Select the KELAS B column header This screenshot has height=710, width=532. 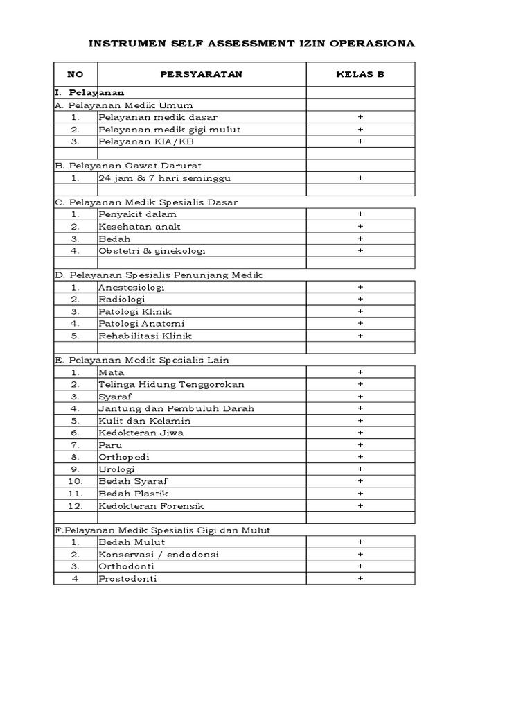pos(360,74)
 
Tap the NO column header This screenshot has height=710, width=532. pos(75,74)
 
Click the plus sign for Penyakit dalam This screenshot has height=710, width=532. pos(360,214)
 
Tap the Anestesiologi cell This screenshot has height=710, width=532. pos(132,287)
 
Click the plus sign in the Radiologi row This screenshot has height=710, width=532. pos(360,300)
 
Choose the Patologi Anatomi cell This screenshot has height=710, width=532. pos(141,324)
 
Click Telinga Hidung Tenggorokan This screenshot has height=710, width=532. pos(171,384)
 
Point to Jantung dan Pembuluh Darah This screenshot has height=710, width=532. pos(176,408)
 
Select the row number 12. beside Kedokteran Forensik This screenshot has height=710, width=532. pos(76,506)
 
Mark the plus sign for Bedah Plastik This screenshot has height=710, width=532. pos(360,494)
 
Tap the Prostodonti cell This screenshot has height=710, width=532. pos(127,579)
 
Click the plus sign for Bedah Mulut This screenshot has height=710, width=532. pos(360,542)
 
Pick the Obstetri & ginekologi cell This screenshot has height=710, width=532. pos(152,251)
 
